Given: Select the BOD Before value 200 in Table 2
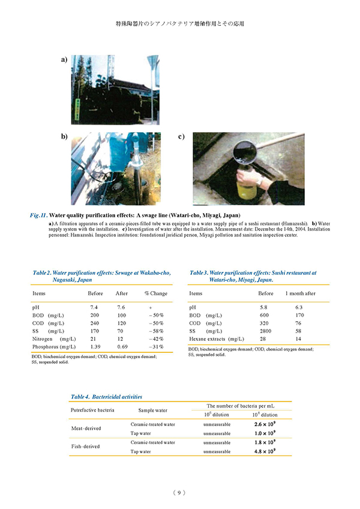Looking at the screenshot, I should [94, 315].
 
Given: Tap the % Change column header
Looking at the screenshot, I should [155, 294].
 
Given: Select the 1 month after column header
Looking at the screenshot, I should [300, 294].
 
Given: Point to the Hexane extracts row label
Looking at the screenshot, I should [217, 339].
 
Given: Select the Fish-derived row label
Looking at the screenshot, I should [86, 447].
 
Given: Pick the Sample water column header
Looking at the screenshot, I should [152, 411].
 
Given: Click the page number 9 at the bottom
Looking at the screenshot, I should [179, 493].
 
